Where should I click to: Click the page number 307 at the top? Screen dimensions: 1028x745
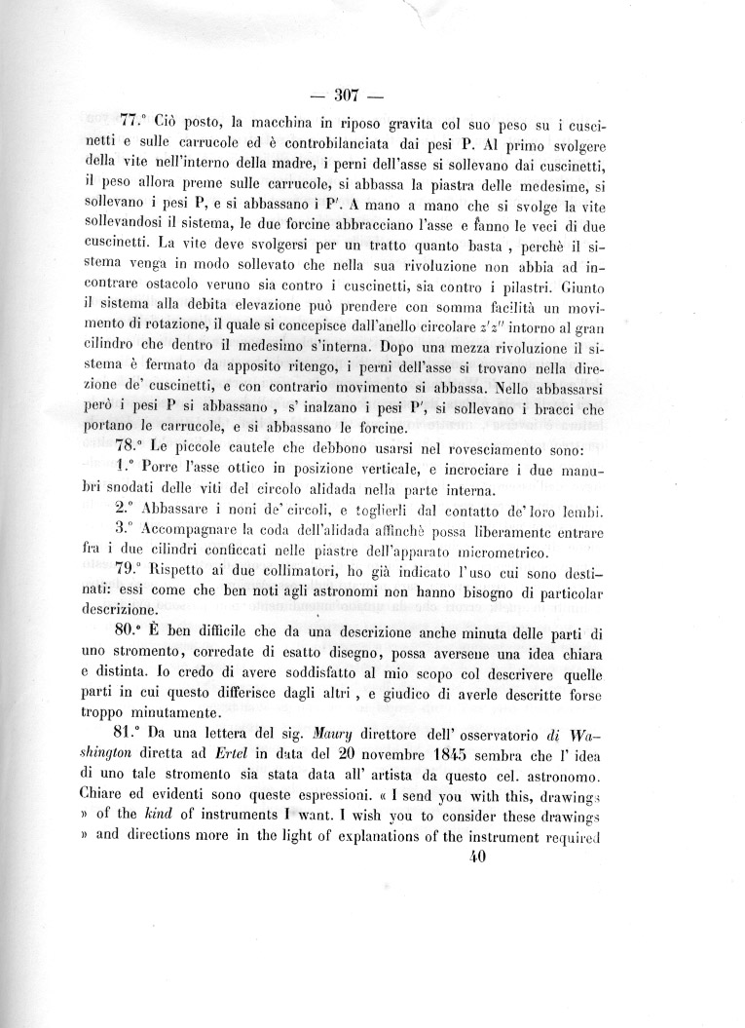[x=348, y=95]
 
